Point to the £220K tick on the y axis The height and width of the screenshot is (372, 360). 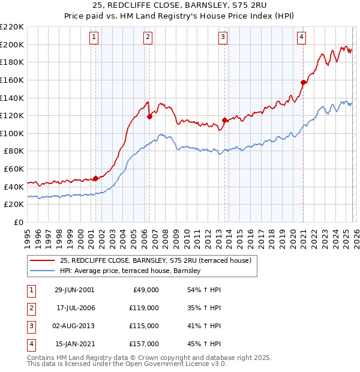click(x=12, y=27)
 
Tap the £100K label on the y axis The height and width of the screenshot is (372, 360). click(x=12, y=133)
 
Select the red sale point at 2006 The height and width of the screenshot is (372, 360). click(x=149, y=117)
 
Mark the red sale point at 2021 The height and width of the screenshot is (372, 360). click(x=304, y=83)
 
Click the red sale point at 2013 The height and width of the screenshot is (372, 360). click(x=224, y=120)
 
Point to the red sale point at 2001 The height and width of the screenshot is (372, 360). click(x=95, y=178)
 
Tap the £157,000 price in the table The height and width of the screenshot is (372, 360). click(x=144, y=344)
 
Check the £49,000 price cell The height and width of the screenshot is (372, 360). click(x=146, y=290)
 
